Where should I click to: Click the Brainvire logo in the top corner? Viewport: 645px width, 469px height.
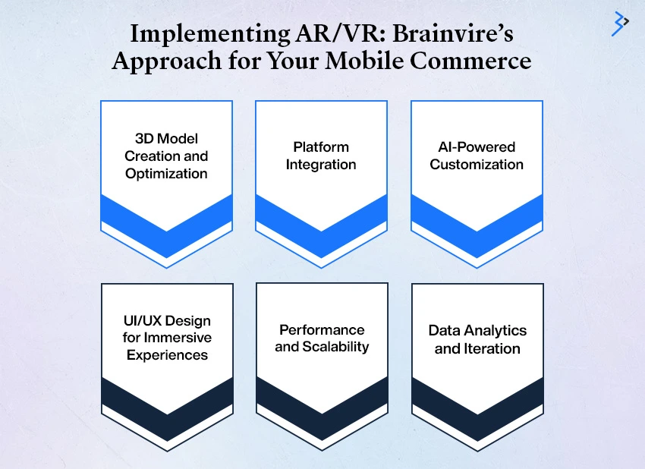620,24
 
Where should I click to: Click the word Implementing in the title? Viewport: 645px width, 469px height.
209,34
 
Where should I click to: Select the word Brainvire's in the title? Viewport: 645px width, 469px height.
453,33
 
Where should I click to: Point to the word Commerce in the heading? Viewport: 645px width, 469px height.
470,61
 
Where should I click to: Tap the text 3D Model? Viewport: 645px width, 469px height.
167,139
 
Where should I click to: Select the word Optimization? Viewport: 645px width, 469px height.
167,174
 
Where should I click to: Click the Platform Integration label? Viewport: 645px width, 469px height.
321,156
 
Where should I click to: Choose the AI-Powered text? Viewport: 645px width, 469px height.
477,147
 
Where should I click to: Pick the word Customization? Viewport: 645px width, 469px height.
477,165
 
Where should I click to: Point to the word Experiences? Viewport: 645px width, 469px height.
167,355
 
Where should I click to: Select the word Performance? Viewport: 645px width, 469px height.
322,329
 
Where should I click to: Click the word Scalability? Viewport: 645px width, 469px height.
335,347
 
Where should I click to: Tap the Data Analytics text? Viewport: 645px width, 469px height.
477,330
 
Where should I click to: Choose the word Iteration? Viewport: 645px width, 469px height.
492,349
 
